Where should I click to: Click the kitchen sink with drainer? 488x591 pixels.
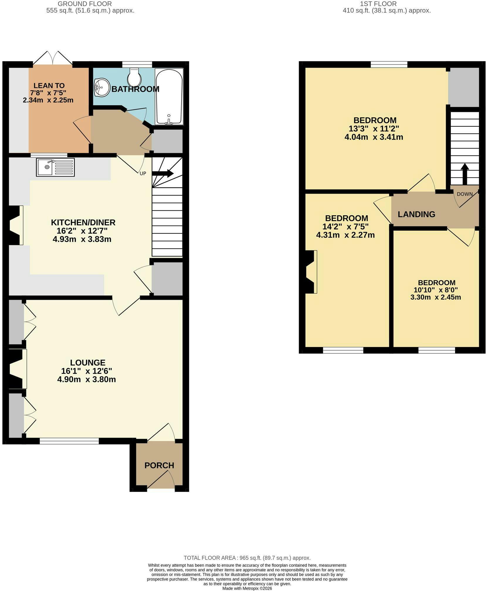pyautogui.click(x=55, y=167)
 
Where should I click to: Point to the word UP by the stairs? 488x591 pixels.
pyautogui.click(x=143, y=173)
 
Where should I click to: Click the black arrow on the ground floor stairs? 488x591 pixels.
pyautogui.click(x=163, y=173)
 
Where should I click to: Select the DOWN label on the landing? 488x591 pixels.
pyautogui.click(x=465, y=194)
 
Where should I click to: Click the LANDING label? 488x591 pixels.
pyautogui.click(x=416, y=214)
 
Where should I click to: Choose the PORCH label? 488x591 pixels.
pyautogui.click(x=159, y=465)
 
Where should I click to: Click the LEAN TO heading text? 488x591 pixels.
pyautogui.click(x=49, y=86)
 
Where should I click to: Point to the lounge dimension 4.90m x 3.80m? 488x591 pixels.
pyautogui.click(x=87, y=380)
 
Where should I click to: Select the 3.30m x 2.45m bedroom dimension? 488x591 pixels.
pyautogui.click(x=436, y=297)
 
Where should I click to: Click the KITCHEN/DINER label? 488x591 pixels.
pyautogui.click(x=83, y=222)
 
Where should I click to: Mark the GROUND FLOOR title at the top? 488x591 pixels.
pyautogui.click(x=85, y=4)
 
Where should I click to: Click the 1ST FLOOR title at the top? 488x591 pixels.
pyautogui.click(x=378, y=4)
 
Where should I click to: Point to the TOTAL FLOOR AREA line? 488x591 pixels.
pyautogui.click(x=247, y=558)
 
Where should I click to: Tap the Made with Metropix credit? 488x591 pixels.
pyautogui.click(x=247, y=588)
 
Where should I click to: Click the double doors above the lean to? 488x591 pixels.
pyautogui.click(x=52, y=57)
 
